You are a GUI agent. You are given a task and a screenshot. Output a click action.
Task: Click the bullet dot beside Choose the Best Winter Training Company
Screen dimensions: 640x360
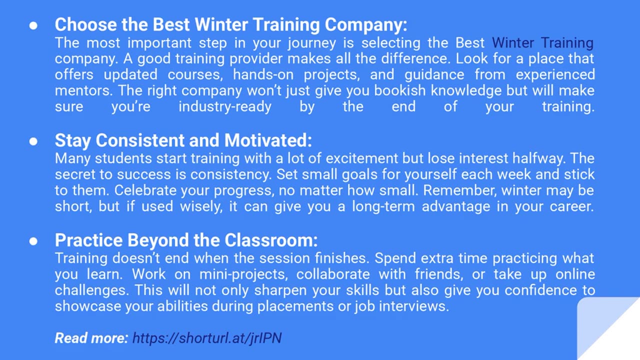pyautogui.click(x=33, y=25)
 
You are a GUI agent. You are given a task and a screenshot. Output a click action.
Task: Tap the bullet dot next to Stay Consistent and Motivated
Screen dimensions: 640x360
pyautogui.click(x=33, y=141)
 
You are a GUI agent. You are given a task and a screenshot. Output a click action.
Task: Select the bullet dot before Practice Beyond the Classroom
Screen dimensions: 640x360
pyautogui.click(x=33, y=241)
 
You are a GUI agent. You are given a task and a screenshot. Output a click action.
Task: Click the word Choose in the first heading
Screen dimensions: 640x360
pyautogui.click(x=85, y=24)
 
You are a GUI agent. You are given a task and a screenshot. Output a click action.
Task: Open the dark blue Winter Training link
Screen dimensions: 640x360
pyautogui.click(x=543, y=43)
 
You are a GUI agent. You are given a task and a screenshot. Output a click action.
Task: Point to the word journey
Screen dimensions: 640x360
pyautogui.click(x=312, y=43)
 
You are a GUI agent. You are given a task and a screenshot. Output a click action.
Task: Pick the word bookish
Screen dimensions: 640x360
pyautogui.click(x=400, y=90)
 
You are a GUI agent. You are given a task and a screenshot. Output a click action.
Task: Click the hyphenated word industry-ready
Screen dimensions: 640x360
pyautogui.click(x=225, y=107)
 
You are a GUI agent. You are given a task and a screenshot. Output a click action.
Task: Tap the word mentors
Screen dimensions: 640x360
pyautogui.click(x=83, y=91)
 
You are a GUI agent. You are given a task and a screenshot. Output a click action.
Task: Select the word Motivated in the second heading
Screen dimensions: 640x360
pyautogui.click(x=268, y=140)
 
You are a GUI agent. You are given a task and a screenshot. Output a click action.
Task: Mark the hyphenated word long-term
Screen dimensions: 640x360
pyautogui.click(x=383, y=207)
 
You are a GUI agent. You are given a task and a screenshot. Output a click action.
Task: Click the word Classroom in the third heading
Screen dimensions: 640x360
pyautogui.click(x=271, y=240)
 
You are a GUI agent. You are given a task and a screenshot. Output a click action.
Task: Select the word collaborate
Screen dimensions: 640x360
pyautogui.click(x=333, y=274)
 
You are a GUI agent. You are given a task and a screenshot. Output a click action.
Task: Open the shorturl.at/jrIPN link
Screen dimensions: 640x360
pyautogui.click(x=207, y=338)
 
